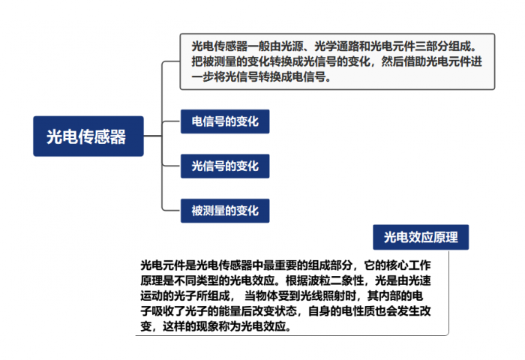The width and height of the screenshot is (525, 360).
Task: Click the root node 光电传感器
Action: point(88,136)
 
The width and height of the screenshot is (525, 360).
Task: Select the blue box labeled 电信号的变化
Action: point(224,121)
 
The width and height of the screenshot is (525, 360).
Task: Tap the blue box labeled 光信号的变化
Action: point(224,165)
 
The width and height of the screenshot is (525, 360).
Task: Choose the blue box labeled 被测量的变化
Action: point(224,210)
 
